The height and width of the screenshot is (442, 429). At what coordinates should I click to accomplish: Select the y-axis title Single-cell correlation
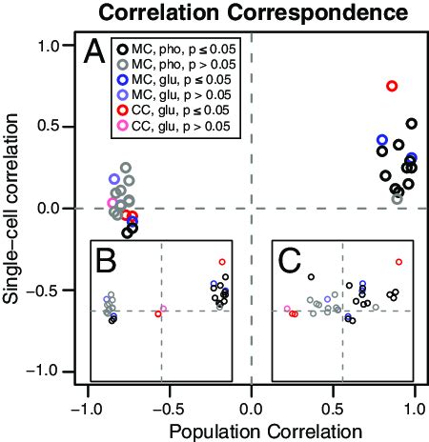(13, 208)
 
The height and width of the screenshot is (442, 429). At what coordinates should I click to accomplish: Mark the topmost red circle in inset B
(222, 261)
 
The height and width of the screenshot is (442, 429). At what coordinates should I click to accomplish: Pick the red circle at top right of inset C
(398, 261)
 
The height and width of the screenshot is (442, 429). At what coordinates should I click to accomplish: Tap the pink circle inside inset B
(164, 308)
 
